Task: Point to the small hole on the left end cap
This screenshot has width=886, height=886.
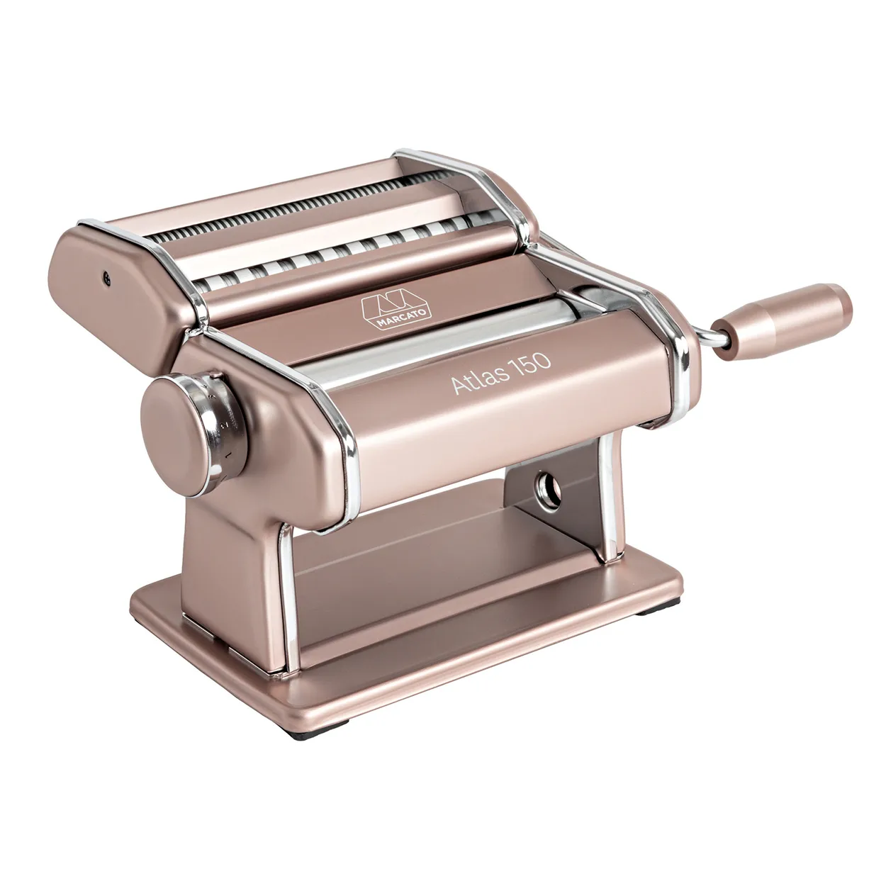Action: pos(106,279)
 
